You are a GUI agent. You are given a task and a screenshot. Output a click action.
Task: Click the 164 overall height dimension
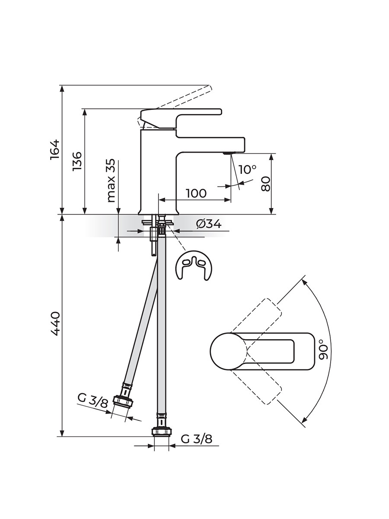[55, 150]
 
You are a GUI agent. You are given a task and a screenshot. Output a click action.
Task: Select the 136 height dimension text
[77, 161]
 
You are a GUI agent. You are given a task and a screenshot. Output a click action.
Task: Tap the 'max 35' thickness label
[111, 180]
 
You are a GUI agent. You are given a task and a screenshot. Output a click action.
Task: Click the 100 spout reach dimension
[196, 193]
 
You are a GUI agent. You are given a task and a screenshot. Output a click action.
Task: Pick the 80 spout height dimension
[266, 184]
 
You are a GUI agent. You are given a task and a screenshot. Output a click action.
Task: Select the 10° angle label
[247, 169]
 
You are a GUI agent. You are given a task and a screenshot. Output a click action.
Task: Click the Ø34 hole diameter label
[209, 224]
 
